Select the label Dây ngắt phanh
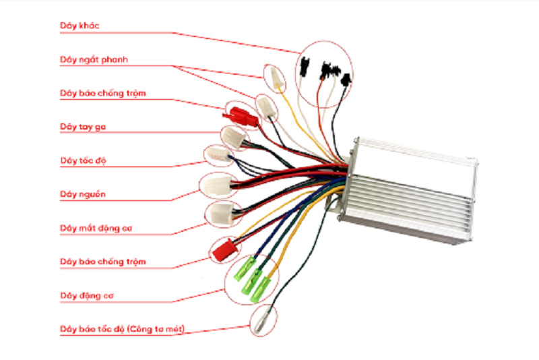click(94, 60)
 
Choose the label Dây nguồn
click(83, 195)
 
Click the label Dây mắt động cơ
click(94, 229)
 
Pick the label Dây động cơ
click(84, 296)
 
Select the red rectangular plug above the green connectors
click(222, 251)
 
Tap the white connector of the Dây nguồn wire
click(217, 183)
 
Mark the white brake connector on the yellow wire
click(275, 76)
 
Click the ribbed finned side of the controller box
click(404, 196)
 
